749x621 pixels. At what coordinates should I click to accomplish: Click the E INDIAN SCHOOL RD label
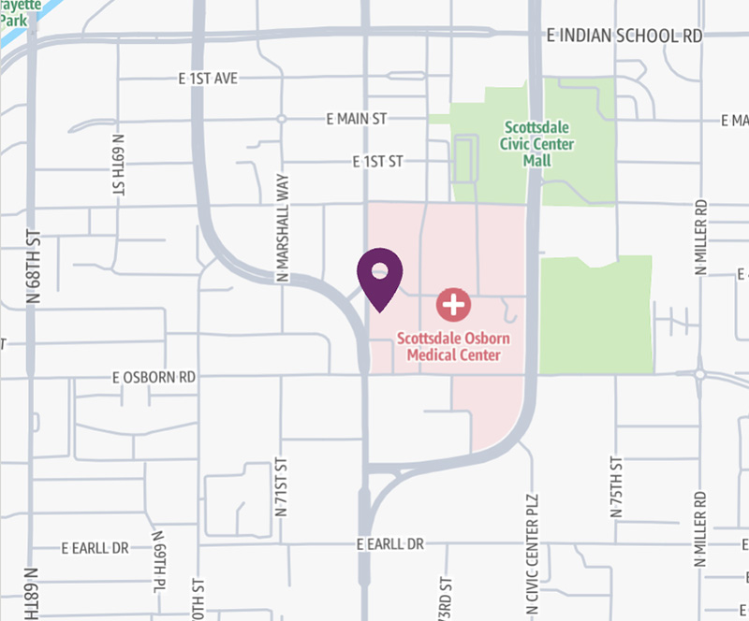(624, 36)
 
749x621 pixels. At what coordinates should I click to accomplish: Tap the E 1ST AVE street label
(213, 79)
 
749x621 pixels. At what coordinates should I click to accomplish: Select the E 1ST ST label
(377, 162)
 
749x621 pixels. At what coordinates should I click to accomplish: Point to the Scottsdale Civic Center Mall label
(538, 144)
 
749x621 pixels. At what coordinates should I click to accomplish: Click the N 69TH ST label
(119, 167)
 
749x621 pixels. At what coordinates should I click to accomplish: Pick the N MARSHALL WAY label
(282, 229)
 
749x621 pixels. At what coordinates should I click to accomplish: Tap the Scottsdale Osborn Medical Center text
(448, 347)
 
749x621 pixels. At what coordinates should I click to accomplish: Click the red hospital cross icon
(453, 304)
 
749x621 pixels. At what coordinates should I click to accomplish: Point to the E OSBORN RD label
(154, 378)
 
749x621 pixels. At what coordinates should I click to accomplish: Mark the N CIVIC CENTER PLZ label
(533, 561)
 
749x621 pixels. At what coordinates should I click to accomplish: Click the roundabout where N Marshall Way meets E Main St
(281, 119)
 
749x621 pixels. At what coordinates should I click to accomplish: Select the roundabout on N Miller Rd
(699, 374)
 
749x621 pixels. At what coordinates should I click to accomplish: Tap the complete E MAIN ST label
(356, 120)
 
